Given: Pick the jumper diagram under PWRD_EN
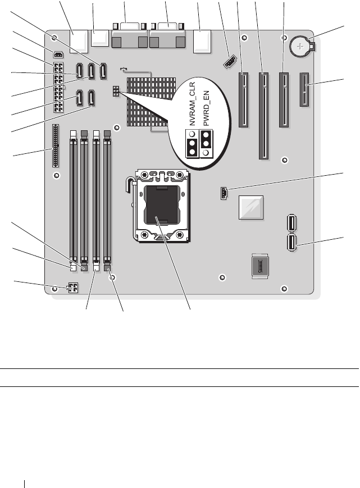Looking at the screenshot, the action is click(x=206, y=145).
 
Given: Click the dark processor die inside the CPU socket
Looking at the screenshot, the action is click(x=160, y=207).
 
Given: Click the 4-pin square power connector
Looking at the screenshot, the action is click(x=72, y=288).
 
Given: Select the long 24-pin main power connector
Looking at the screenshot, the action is click(x=59, y=87).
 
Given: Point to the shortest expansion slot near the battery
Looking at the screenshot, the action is click(x=305, y=89).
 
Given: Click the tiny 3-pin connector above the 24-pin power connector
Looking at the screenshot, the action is click(x=58, y=54).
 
